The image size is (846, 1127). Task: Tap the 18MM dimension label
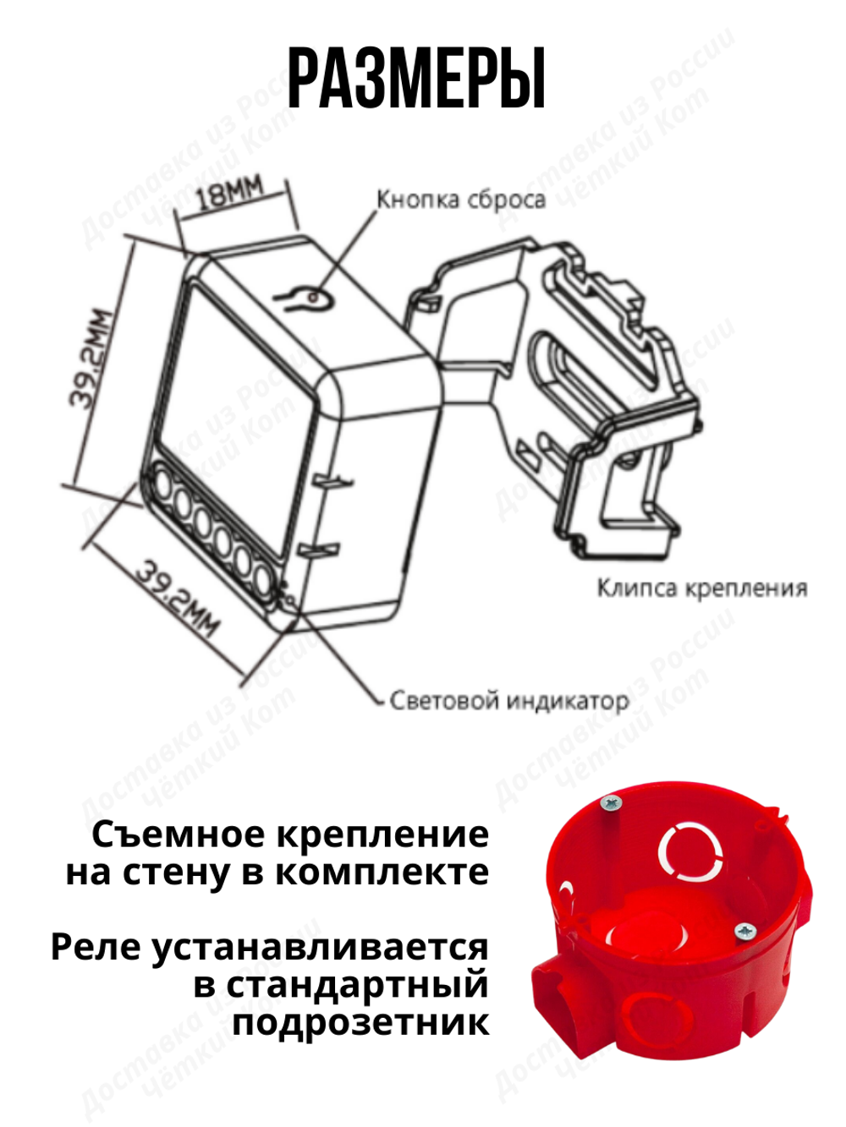(229, 194)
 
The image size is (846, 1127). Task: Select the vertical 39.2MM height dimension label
(91, 359)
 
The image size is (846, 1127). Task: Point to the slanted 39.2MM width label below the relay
(179, 597)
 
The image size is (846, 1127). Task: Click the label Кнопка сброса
(461, 200)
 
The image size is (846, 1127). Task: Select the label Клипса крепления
(701, 588)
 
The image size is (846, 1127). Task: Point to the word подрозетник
(361, 1022)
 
